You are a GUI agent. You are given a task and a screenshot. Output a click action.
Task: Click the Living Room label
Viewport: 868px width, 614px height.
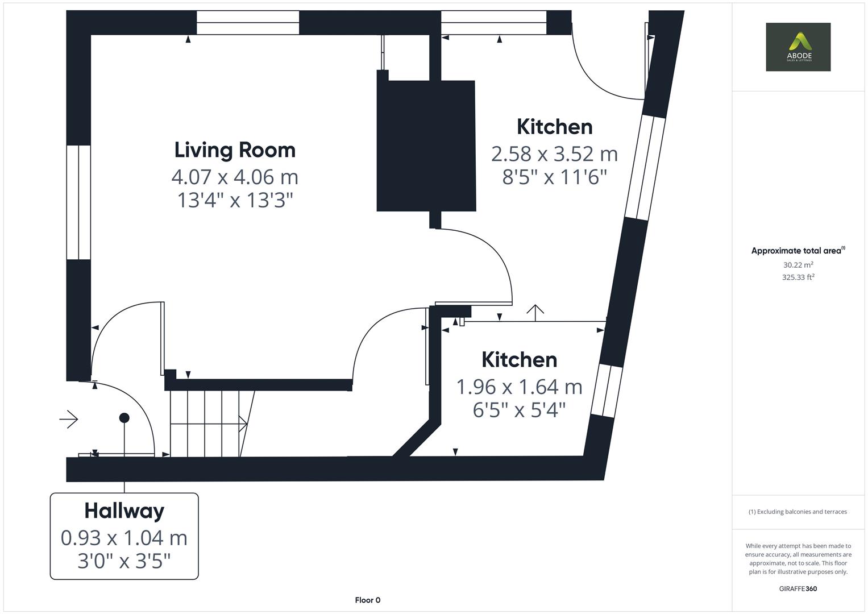[x=235, y=150]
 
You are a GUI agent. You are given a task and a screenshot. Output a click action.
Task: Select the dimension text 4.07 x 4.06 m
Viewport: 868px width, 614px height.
[x=235, y=177]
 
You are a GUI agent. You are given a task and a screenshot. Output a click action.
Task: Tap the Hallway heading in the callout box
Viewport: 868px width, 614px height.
[x=124, y=511]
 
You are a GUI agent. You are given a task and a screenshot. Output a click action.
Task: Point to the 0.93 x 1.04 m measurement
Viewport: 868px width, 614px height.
[x=124, y=537]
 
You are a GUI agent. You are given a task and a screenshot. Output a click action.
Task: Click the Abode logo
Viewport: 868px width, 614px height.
[x=798, y=47]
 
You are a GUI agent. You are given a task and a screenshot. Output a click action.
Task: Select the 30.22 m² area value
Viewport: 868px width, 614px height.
[x=798, y=265]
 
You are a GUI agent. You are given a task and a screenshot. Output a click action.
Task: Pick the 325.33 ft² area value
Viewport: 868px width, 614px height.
[x=798, y=277]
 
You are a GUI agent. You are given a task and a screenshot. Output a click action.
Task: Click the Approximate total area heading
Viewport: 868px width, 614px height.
[x=798, y=251]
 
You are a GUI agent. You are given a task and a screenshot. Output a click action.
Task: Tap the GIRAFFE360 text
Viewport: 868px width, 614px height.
[x=798, y=588]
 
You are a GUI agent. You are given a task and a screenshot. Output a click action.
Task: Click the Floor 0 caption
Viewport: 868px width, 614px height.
[x=367, y=600]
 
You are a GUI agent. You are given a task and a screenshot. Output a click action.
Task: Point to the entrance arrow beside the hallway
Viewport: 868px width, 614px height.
[x=69, y=420]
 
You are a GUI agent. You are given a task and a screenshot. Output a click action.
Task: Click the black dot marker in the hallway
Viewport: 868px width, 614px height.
[x=124, y=418]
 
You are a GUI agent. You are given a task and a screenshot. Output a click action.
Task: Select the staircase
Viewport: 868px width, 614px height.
[x=207, y=424]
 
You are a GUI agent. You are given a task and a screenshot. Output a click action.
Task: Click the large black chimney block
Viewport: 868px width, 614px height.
[x=426, y=146]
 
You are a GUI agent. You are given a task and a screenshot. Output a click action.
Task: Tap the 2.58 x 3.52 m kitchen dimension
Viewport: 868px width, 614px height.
[x=554, y=154]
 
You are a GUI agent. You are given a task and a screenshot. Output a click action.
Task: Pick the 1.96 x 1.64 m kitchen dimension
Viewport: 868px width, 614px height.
[x=519, y=387]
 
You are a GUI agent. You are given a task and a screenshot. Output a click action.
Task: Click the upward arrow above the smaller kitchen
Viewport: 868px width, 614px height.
[x=535, y=310]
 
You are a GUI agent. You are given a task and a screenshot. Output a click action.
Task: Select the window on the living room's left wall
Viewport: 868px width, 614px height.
[x=78, y=202]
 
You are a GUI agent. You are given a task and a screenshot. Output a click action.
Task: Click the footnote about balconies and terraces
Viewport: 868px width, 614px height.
[x=798, y=512]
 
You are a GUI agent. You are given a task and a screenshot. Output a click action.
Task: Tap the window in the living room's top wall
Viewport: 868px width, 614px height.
[x=248, y=23]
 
